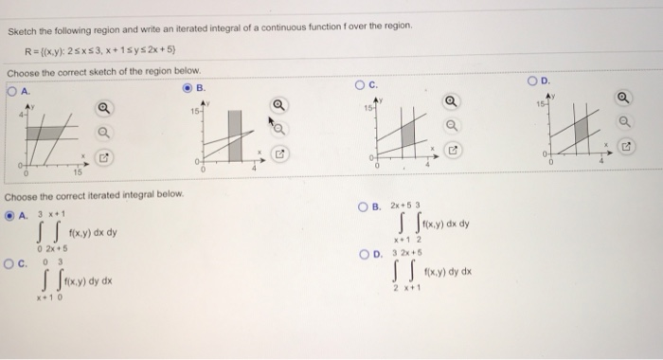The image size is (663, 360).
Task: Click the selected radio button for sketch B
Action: click(188, 91)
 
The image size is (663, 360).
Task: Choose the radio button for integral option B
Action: click(363, 207)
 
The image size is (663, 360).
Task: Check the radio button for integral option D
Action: click(363, 254)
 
